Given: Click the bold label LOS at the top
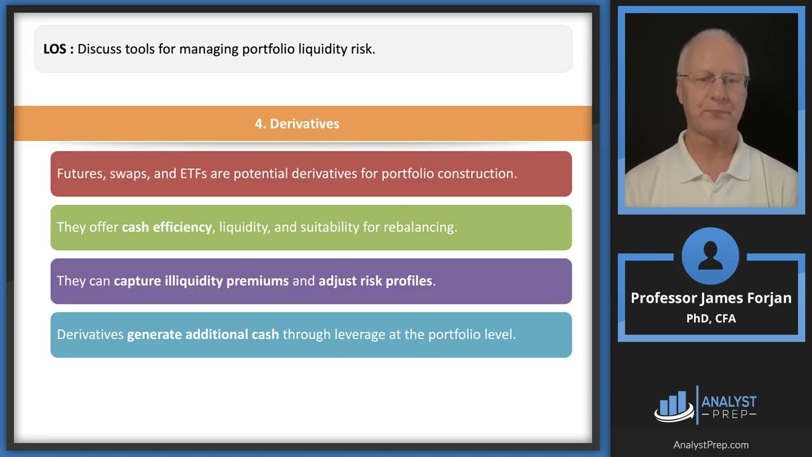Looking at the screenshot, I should (x=55, y=49).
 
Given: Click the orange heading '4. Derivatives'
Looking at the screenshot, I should (x=297, y=124).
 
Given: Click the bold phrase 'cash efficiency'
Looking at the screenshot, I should (x=167, y=227).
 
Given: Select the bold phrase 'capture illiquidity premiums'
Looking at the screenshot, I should (x=201, y=281).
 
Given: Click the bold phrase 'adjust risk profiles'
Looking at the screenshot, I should (x=375, y=281).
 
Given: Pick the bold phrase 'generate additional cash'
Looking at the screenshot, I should (x=203, y=334).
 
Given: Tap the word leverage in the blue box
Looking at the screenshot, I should (x=338, y=334).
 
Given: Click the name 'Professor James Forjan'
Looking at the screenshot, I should (x=711, y=298).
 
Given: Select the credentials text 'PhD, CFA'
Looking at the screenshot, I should (x=711, y=319).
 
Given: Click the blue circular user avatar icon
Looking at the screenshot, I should (x=710, y=256).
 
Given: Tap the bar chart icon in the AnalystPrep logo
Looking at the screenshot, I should (x=674, y=406).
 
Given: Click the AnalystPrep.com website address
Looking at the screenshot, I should (x=710, y=445).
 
